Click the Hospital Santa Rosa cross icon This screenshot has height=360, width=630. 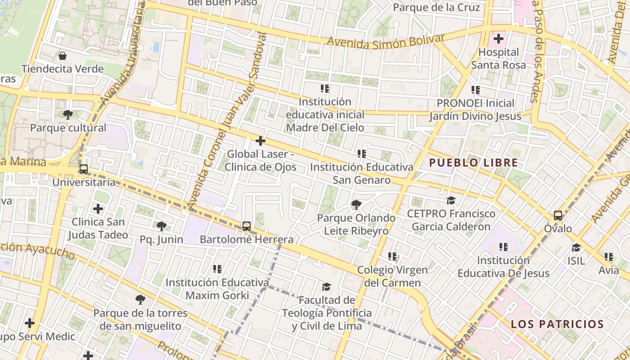click(x=498, y=39)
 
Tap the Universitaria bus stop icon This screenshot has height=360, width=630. click(x=83, y=169)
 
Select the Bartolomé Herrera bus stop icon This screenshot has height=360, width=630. click(x=246, y=226)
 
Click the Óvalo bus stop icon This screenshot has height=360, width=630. click(x=558, y=216)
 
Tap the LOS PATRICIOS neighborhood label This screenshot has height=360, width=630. click(x=557, y=324)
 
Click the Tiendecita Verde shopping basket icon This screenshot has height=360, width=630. click(x=63, y=56)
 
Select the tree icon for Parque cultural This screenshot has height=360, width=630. click(x=68, y=114)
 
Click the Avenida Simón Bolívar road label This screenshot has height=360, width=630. click(x=386, y=42)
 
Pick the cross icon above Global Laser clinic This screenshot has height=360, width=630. click(x=260, y=141)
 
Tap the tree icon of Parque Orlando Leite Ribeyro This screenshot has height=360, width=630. click(x=356, y=205)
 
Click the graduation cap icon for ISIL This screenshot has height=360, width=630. click(x=576, y=247)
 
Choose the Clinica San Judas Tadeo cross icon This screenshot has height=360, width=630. click(x=98, y=209)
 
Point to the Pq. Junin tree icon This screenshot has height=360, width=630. click(x=161, y=226)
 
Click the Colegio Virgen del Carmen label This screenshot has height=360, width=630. click(x=392, y=276)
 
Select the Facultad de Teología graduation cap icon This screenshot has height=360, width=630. click(x=326, y=287)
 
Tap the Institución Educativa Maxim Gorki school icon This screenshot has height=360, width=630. click(x=217, y=269)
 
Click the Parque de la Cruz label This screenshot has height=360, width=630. click(x=436, y=8)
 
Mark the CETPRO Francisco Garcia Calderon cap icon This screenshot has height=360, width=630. click(x=451, y=200)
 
